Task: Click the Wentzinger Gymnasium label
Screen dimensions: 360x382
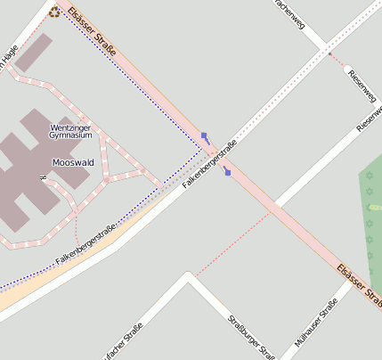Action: click(x=71, y=131)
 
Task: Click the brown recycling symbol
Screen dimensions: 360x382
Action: click(x=55, y=12)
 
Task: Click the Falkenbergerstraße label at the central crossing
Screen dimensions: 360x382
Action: click(x=209, y=164)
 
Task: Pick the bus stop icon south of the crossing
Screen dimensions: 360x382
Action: click(x=227, y=171)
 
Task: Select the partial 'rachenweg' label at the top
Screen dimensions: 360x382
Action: click(x=290, y=13)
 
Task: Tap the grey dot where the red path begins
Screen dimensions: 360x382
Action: click(x=330, y=55)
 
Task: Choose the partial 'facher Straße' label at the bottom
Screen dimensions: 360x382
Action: click(x=124, y=342)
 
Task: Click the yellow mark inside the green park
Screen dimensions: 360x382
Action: click(x=374, y=208)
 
